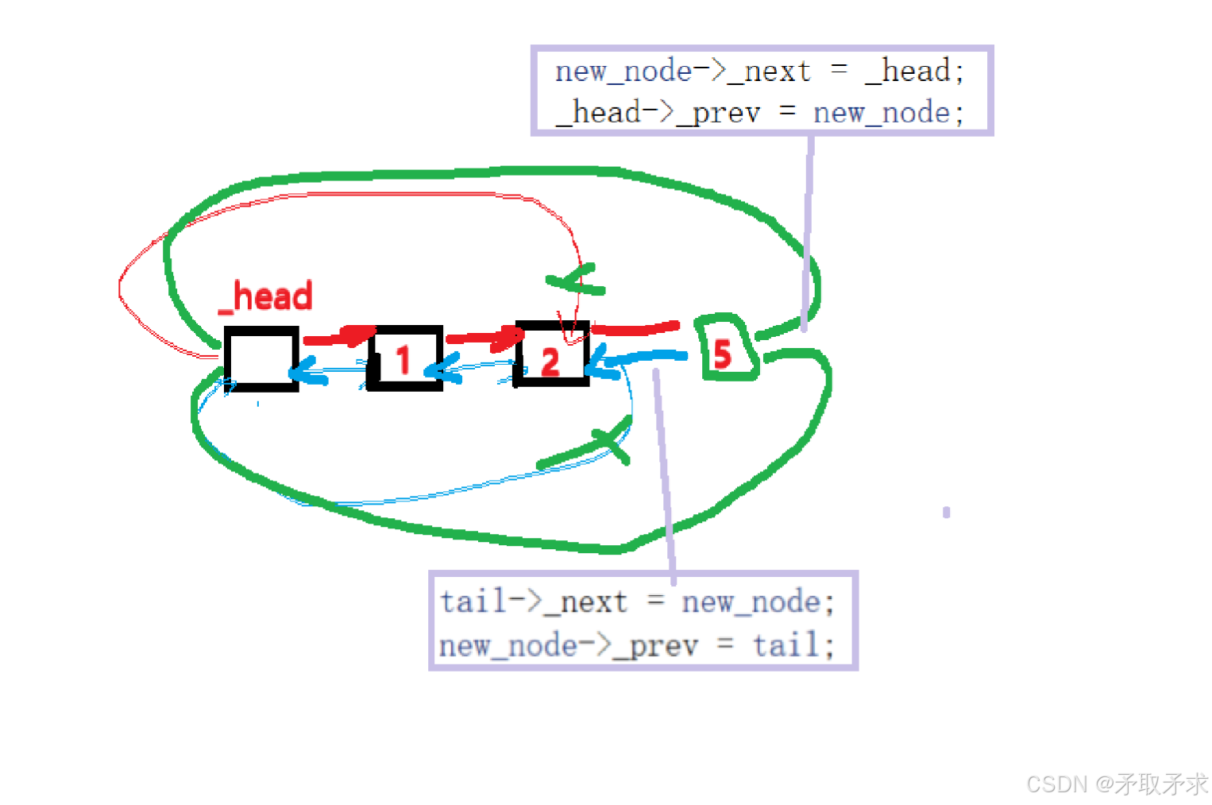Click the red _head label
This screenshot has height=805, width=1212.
tap(265, 296)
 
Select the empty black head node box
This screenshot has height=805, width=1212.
tap(261, 358)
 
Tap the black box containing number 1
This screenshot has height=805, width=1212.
tap(405, 358)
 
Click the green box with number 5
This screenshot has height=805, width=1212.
tap(726, 347)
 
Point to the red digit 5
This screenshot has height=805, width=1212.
tap(722, 354)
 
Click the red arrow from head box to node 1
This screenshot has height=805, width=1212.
tap(338, 337)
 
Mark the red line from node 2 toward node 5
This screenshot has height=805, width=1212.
tap(635, 328)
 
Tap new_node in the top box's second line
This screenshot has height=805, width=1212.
tap(881, 113)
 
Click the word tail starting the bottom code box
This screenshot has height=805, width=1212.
tap(473, 602)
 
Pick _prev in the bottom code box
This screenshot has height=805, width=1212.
tap(656, 645)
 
